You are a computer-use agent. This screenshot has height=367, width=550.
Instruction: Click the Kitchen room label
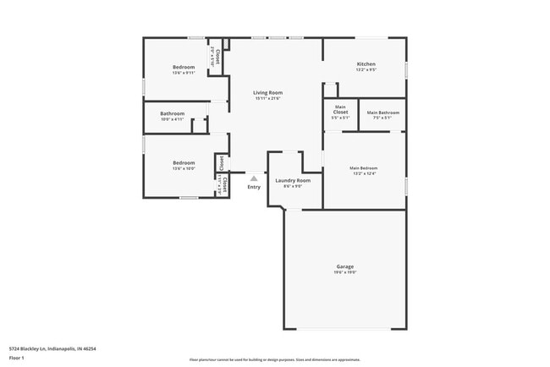click(x=366, y=64)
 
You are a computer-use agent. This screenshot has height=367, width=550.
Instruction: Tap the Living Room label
click(x=267, y=92)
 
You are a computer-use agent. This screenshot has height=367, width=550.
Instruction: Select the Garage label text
click(x=344, y=267)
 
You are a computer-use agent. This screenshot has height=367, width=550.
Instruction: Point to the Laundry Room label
click(x=293, y=180)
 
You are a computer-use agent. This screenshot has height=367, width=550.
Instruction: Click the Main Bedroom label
click(x=363, y=167)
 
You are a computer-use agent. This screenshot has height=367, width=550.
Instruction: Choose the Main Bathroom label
click(x=382, y=112)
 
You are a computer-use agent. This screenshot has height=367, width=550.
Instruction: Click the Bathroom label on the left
click(x=173, y=113)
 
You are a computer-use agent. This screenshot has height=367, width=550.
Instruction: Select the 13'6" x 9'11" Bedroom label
click(x=184, y=67)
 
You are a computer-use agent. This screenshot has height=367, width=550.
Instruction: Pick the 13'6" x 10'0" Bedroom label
click(x=184, y=162)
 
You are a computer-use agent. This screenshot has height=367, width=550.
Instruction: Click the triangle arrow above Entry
click(x=253, y=178)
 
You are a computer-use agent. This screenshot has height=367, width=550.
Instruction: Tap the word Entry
click(x=254, y=187)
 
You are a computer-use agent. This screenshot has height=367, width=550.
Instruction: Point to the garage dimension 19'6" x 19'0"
click(x=344, y=273)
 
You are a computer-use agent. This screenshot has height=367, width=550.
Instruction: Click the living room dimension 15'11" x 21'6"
click(x=267, y=98)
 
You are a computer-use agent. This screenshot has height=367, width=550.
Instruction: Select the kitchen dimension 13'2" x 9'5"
click(x=366, y=70)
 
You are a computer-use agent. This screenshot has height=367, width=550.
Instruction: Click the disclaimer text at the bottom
click(x=274, y=359)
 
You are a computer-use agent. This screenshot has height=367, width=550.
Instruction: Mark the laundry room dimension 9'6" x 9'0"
click(x=293, y=186)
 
